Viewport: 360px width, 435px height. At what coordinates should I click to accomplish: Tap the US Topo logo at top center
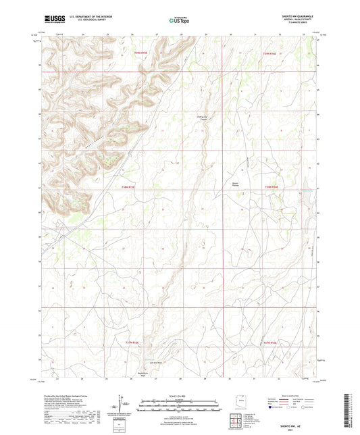pyautogui.click(x=179, y=20)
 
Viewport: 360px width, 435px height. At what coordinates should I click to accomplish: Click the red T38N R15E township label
pyautogui.click(x=128, y=186)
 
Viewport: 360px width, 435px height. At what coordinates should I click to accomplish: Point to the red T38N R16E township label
pyautogui.click(x=272, y=186)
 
